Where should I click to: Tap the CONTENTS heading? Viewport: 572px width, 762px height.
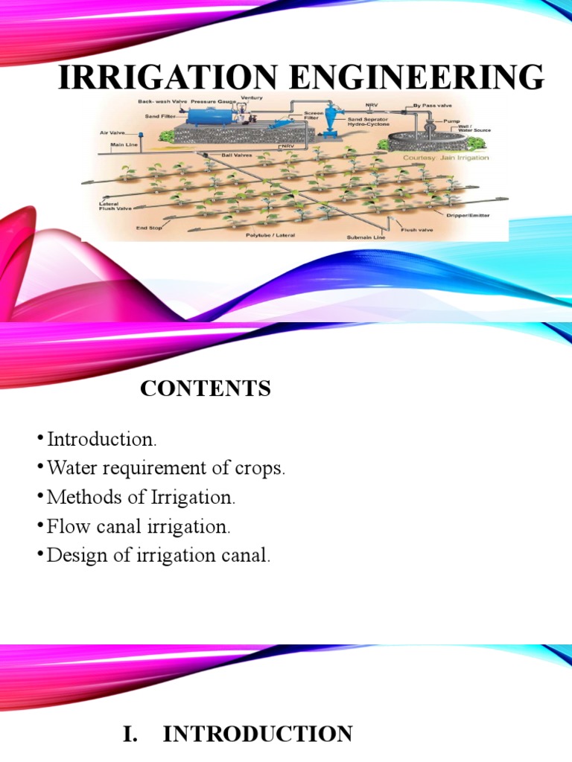point(206,388)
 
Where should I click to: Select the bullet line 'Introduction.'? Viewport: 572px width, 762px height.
point(102,439)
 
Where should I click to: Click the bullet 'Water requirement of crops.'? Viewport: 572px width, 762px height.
point(166,469)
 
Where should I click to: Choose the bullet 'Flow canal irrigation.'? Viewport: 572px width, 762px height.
point(139,528)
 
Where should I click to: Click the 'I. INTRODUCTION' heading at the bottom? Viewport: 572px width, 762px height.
point(238,734)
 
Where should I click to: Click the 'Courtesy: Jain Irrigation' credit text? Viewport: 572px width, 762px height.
point(445,158)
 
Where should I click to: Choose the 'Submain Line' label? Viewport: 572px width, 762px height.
point(365,238)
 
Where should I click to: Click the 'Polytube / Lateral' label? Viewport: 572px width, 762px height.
point(270,235)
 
